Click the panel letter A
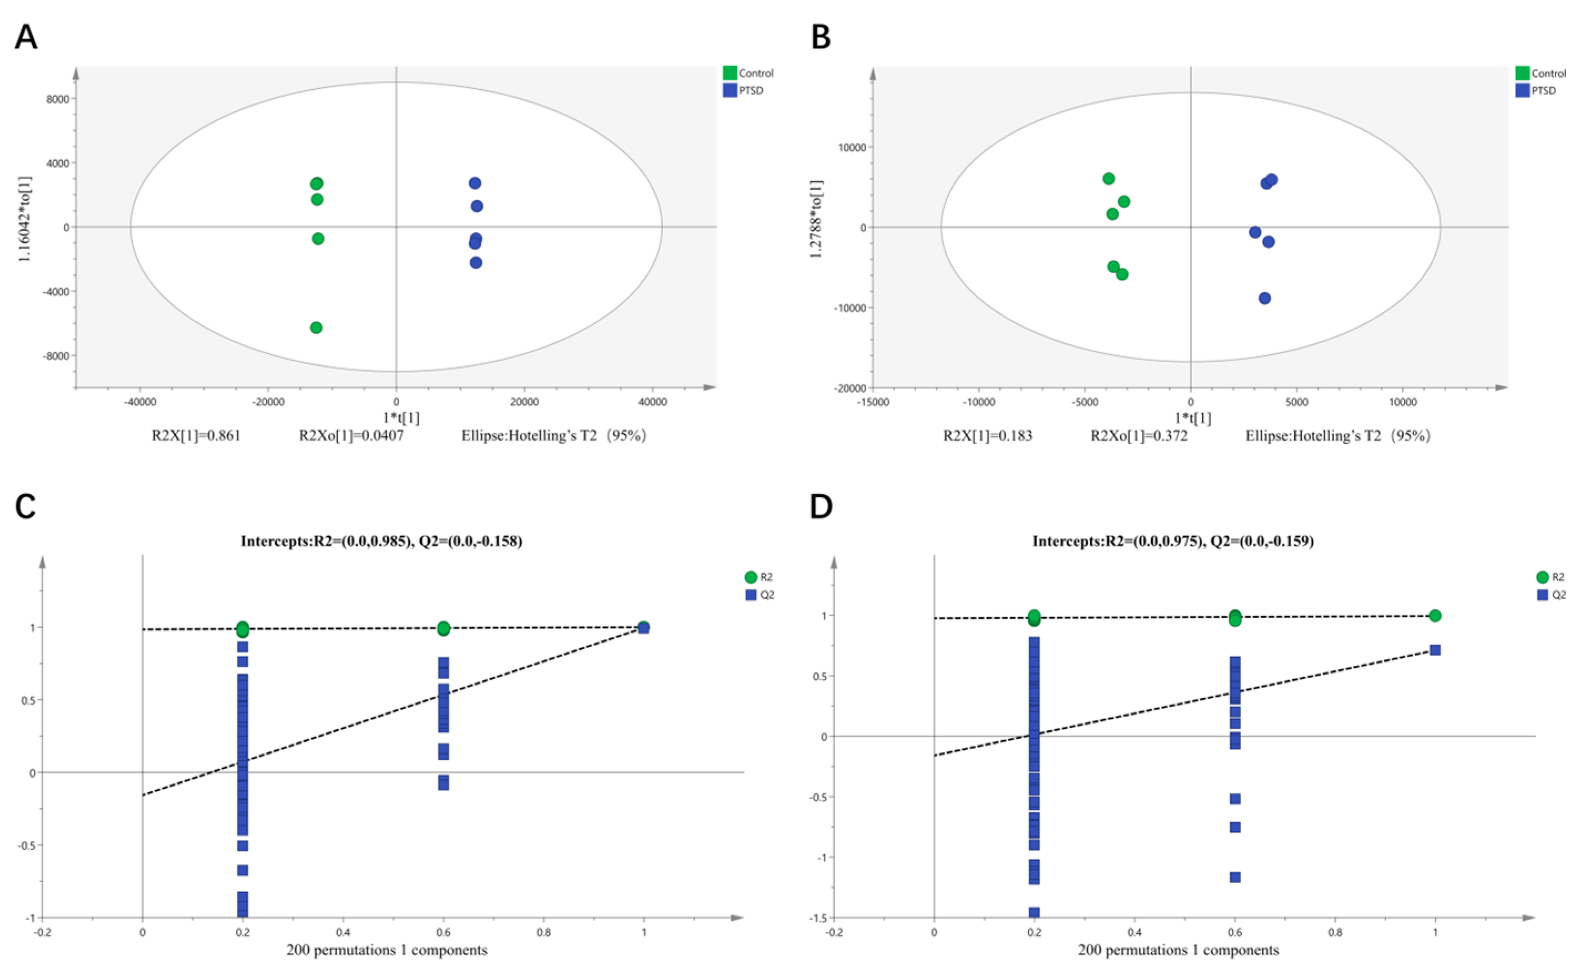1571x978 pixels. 26,37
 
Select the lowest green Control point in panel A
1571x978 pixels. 316,328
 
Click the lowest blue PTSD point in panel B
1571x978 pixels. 1264,298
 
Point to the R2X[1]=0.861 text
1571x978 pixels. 196,436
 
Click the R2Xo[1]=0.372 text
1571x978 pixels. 1139,436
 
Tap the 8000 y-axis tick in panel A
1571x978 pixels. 57,99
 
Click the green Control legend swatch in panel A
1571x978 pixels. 730,73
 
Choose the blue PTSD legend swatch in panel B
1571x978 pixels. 1523,90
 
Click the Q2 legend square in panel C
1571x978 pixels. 751,595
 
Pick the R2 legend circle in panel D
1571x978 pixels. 1543,577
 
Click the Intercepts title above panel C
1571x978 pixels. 382,541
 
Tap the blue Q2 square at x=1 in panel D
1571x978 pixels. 1435,650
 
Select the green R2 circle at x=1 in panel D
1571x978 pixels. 1435,616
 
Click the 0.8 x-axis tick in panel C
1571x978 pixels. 544,932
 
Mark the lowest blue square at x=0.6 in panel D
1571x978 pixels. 1235,878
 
